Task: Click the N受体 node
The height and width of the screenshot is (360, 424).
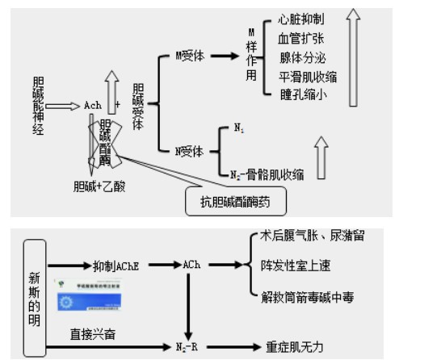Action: (190, 150)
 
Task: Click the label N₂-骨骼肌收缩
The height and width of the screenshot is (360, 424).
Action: (269, 174)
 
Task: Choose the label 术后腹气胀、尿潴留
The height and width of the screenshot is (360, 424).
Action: (312, 236)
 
